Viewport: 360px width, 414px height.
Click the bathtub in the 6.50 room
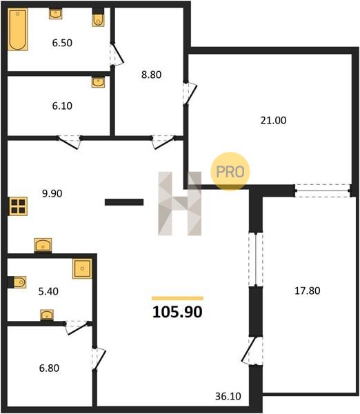tap(18, 29)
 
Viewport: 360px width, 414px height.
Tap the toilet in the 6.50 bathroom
tap(98, 20)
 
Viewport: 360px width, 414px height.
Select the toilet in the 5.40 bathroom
tap(20, 282)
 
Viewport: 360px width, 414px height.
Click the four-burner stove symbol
tap(18, 206)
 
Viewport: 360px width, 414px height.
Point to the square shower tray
tap(83, 269)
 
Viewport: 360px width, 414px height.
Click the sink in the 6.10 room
tap(98, 82)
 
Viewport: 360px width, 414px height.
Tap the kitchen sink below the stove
tap(43, 245)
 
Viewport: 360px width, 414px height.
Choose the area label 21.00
tap(273, 120)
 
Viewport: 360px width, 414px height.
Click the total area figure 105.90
tap(177, 312)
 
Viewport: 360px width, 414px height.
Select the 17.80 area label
tap(308, 290)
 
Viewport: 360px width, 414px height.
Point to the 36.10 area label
tap(228, 396)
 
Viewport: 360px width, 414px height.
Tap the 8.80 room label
tap(152, 75)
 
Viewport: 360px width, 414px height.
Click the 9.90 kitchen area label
tap(52, 193)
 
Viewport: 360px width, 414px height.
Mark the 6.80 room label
tap(49, 368)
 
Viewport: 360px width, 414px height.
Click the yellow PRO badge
tap(230, 172)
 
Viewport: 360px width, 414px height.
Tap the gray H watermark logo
tap(180, 204)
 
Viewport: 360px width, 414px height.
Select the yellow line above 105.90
tap(177, 298)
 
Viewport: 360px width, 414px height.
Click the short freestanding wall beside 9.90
tap(124, 202)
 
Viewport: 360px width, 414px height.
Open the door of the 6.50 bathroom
tap(117, 55)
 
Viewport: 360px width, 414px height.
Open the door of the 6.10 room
tap(70, 142)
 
